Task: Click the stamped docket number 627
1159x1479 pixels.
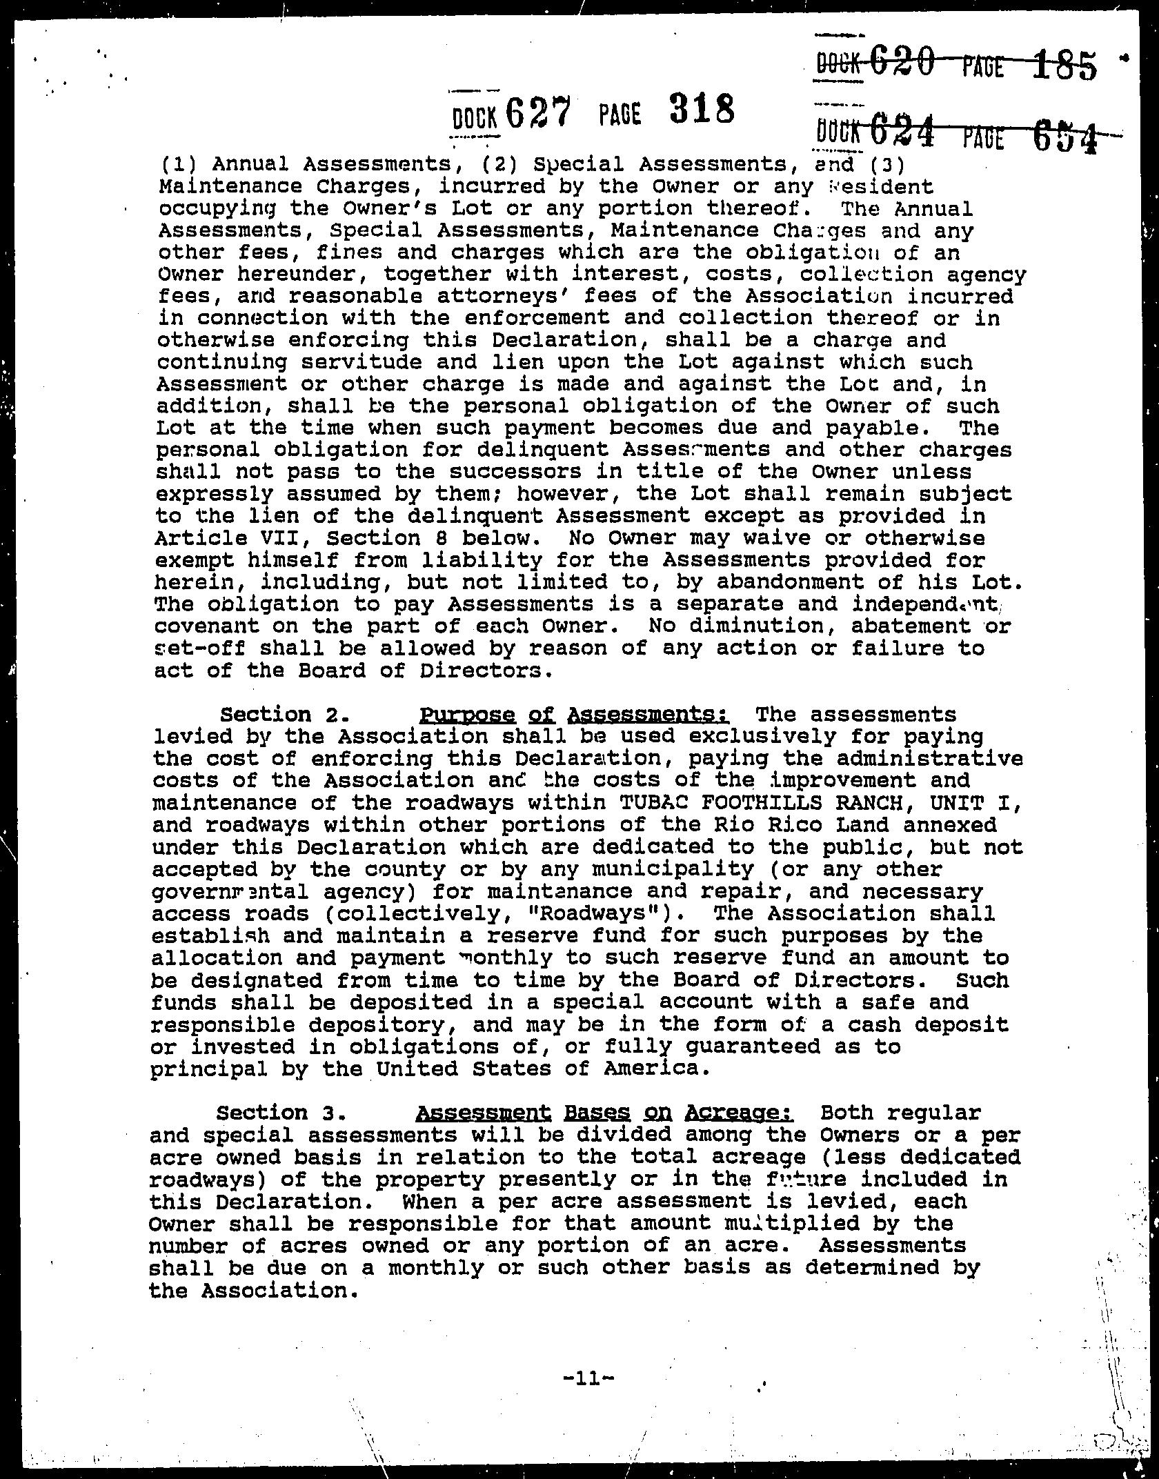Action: pyautogui.click(x=539, y=113)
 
